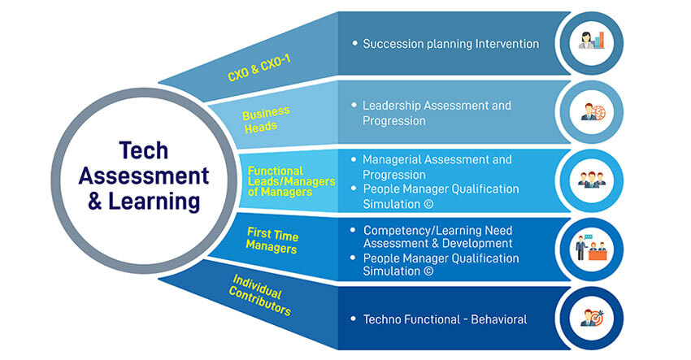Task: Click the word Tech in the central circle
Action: [144, 150]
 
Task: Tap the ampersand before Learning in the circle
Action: [95, 202]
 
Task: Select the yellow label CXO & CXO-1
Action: [259, 68]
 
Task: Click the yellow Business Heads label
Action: [265, 119]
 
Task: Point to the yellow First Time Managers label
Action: [272, 241]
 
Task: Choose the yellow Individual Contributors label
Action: [260, 295]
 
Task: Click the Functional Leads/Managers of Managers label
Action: [291, 181]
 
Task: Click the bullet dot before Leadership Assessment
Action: [354, 106]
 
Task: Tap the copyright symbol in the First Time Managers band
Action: [428, 271]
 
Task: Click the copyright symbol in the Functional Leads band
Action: [428, 204]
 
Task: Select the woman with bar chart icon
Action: [591, 41]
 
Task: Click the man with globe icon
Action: [592, 112]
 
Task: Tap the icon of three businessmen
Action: [591, 180]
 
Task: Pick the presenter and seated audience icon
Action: [591, 248]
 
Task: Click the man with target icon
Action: [591, 318]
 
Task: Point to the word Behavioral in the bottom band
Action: [498, 319]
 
